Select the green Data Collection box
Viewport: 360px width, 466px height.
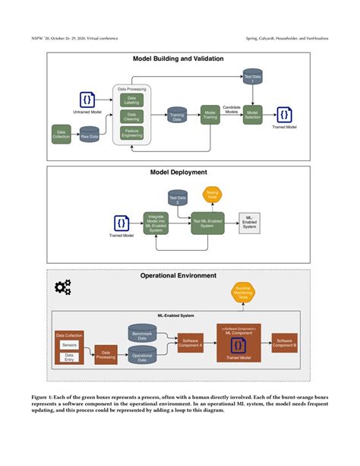[61, 134]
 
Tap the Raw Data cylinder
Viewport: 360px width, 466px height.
[90, 135]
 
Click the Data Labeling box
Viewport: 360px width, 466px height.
[131, 100]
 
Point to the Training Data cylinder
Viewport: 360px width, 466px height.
[177, 116]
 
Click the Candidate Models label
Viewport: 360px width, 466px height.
[232, 111]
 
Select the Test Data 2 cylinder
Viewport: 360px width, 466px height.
[178, 201]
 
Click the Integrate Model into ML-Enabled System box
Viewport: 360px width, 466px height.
[156, 222]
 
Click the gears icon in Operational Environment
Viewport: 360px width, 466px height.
[63, 287]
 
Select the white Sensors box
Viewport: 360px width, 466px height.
[70, 344]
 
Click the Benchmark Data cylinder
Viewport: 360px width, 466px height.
[142, 334]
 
